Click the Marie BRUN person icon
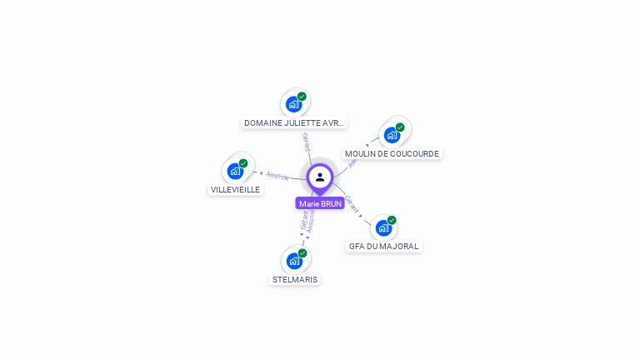coord(320,177)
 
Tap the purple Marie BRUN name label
coord(320,203)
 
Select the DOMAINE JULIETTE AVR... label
coord(294,122)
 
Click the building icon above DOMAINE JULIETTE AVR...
coord(293,104)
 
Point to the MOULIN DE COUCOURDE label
coord(392,153)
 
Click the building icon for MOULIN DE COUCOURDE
coord(392,135)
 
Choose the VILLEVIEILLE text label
coord(236,189)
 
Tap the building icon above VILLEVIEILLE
coord(235,171)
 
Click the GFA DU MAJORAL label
coord(384,246)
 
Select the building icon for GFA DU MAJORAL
coord(383,227)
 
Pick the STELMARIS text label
coord(295,279)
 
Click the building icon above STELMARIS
coord(294,261)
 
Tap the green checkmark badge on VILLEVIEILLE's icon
coord(243,163)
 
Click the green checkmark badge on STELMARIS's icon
coord(302,253)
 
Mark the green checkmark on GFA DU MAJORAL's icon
coord(392,220)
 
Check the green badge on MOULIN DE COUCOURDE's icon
coord(400,127)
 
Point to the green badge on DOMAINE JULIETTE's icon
coord(302,97)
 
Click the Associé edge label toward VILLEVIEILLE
coord(277,176)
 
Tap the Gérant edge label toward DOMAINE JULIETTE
coord(306,142)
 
